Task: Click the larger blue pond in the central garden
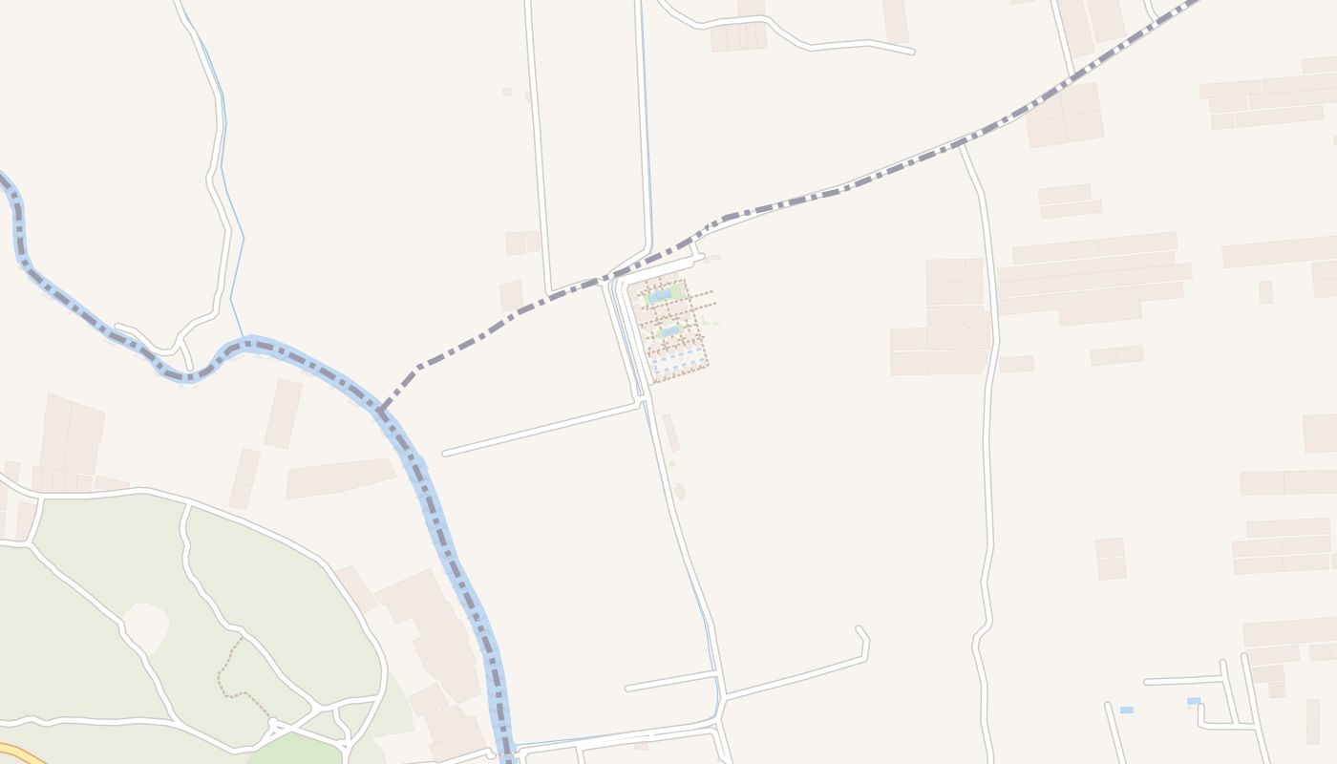(659, 297)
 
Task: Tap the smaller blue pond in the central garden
(668, 331)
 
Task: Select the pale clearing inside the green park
(146, 626)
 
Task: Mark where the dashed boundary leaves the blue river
(381, 412)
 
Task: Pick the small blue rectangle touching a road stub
(1194, 701)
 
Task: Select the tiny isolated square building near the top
(507, 92)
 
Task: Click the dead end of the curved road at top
(911, 51)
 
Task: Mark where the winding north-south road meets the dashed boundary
(962, 146)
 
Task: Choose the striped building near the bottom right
(1268, 673)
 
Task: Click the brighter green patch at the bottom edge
(296, 749)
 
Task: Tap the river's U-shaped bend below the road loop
(186, 375)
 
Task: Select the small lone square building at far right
(1265, 292)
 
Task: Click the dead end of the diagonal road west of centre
(446, 452)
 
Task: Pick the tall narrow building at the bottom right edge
(1312, 721)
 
